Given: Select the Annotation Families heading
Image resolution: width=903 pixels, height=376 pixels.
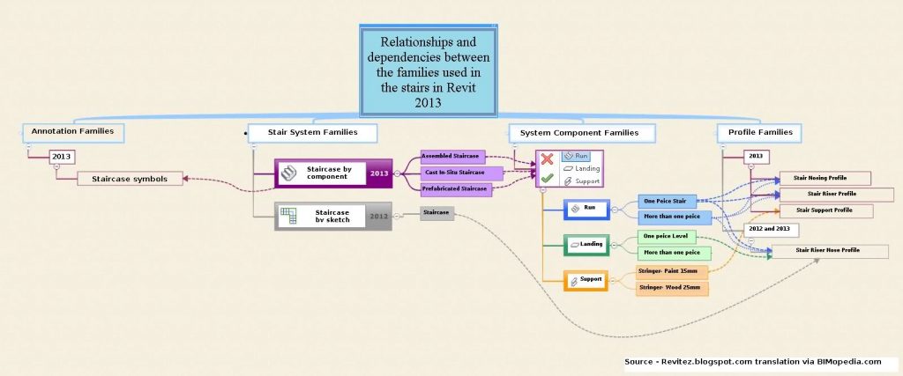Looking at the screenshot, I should click(x=73, y=132).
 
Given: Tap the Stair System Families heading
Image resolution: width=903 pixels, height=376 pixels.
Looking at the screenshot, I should click(x=313, y=133).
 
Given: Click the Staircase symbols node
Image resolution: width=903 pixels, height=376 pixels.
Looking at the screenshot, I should click(x=129, y=179).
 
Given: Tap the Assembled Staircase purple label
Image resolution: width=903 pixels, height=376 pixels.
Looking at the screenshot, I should click(x=452, y=156).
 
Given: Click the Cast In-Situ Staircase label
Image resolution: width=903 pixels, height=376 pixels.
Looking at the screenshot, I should click(x=461, y=173).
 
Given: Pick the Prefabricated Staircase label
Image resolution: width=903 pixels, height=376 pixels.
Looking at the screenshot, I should click(x=455, y=188).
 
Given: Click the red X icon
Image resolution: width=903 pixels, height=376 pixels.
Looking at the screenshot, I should click(x=548, y=159).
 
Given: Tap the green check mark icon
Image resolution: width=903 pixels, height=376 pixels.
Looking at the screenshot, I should click(x=548, y=179).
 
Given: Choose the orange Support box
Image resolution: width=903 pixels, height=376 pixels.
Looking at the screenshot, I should click(x=586, y=280).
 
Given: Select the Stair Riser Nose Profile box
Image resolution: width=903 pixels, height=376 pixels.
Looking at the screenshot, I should click(x=830, y=251).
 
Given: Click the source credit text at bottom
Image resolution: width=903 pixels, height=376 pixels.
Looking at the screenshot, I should click(x=752, y=361).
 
